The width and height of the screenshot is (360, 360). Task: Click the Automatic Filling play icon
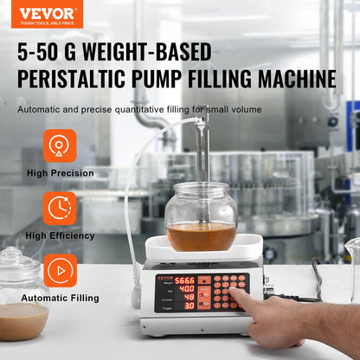click(x=60, y=270)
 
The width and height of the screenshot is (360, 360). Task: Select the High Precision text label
click(x=60, y=173)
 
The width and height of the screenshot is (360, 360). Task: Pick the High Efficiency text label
click(x=60, y=235)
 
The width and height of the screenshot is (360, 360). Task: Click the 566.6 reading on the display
click(x=184, y=280)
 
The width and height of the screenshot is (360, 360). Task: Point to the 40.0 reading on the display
click(x=186, y=289)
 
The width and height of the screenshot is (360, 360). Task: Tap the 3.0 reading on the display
click(x=189, y=305)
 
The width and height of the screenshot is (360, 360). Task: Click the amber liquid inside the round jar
click(x=201, y=236)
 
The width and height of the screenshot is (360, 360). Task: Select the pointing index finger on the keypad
click(x=237, y=299)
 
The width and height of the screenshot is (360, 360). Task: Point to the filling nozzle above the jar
click(x=202, y=138)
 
